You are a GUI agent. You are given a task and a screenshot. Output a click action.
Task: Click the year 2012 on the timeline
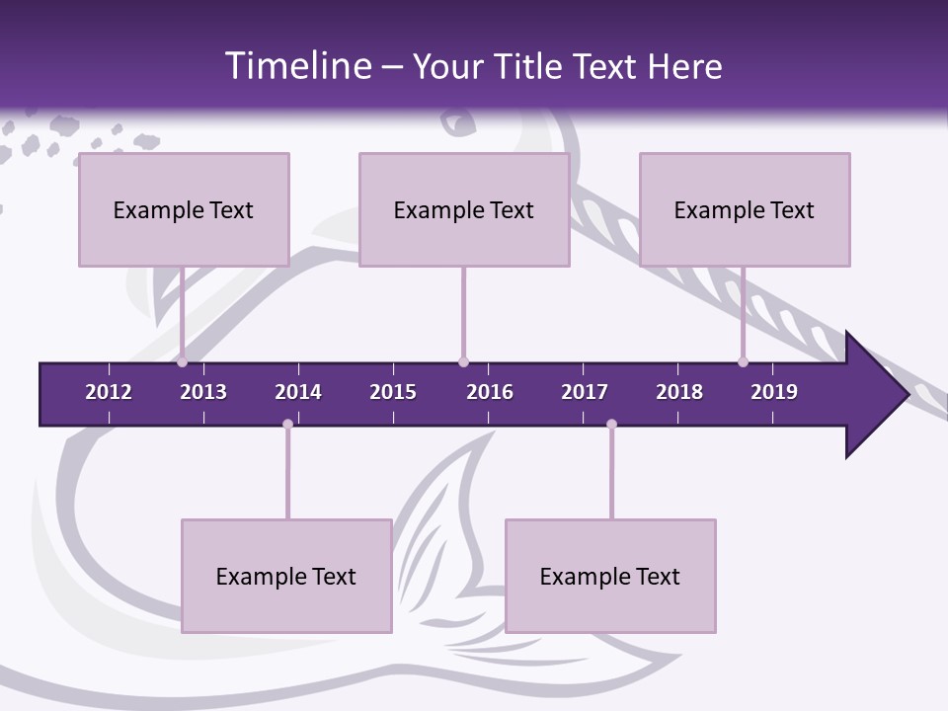(109, 392)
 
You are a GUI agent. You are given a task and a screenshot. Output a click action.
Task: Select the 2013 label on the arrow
(203, 392)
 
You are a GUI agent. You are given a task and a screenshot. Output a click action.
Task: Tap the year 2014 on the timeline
(298, 392)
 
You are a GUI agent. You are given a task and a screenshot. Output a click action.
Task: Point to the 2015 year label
(393, 392)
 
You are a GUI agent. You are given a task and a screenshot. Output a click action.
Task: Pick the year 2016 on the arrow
(490, 392)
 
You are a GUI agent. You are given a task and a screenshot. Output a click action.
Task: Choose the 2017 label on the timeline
(585, 392)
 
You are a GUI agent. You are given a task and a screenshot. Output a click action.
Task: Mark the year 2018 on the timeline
(679, 392)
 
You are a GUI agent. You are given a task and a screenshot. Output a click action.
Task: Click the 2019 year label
(774, 392)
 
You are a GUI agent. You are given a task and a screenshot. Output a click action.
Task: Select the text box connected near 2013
(184, 209)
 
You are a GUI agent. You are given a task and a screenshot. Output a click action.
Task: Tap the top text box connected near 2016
(464, 209)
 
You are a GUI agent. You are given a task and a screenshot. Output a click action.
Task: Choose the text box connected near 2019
(745, 209)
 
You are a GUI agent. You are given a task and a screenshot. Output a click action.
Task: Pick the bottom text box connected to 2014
(286, 576)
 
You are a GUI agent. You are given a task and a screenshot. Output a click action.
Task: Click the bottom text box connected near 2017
(610, 576)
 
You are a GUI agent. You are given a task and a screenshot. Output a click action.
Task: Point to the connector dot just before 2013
(183, 361)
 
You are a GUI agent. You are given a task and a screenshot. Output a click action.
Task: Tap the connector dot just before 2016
(463, 361)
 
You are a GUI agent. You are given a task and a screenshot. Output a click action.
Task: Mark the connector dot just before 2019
(743, 361)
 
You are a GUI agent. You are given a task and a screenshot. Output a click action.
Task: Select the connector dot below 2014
(287, 425)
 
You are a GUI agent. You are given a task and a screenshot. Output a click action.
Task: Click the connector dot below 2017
(611, 425)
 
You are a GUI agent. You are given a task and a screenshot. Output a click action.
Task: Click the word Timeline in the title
(297, 65)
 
